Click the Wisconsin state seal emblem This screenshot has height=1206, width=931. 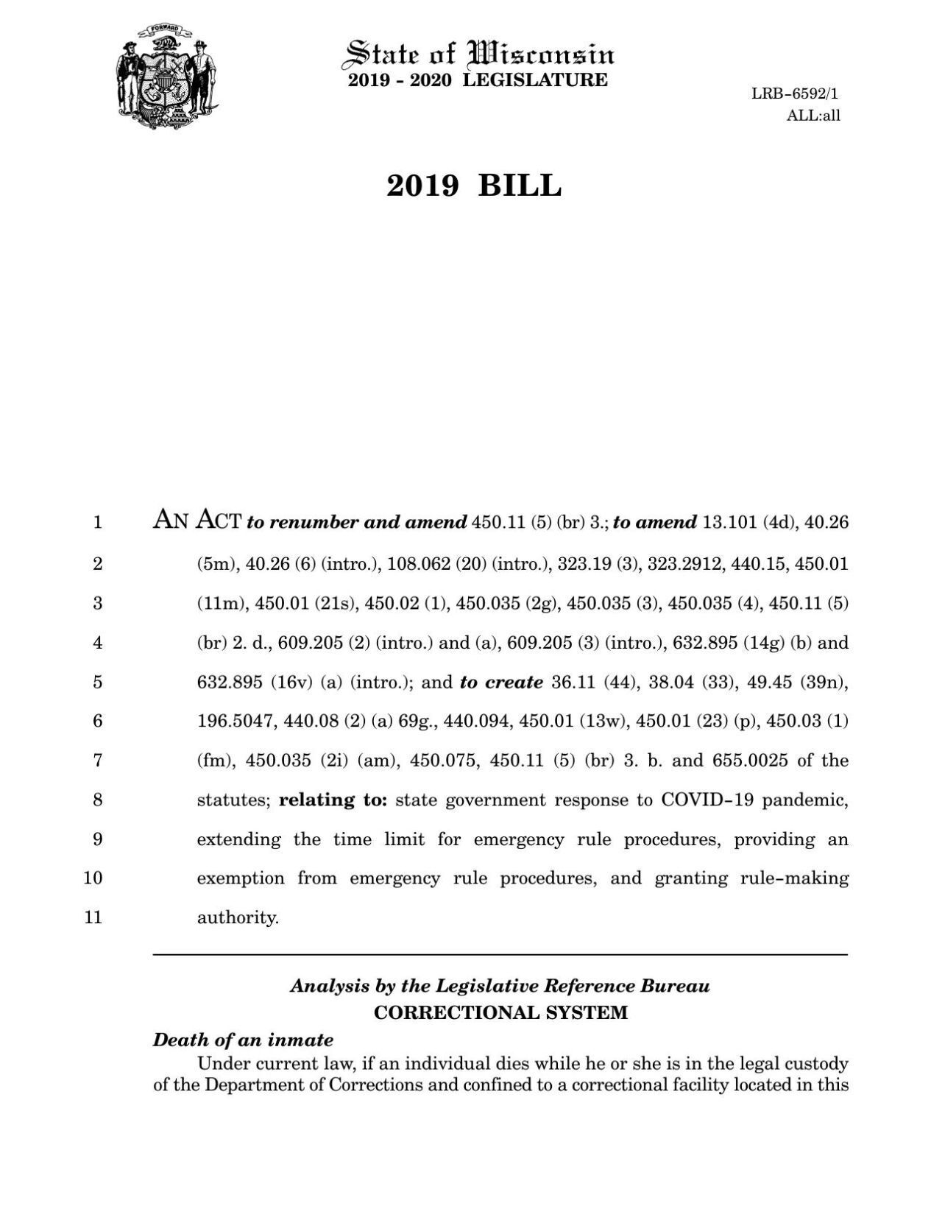[x=167, y=77]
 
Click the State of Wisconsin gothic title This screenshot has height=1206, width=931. [x=480, y=54]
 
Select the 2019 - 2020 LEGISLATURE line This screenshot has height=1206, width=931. [x=478, y=80]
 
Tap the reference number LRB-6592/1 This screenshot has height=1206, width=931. [x=795, y=94]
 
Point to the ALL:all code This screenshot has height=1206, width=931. [x=813, y=116]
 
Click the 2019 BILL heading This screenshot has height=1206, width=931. [x=474, y=186]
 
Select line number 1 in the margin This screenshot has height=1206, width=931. [x=97, y=523]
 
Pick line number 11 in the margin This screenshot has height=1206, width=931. [x=93, y=918]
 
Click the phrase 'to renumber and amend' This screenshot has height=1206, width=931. [x=356, y=523]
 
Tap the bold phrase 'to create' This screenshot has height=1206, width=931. [x=501, y=682]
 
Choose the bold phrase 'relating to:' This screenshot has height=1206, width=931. [x=333, y=800]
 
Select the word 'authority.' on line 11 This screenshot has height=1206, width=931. [x=238, y=918]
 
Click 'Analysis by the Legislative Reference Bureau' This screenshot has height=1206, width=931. [x=500, y=986]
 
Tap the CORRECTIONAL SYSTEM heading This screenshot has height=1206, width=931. [x=500, y=1012]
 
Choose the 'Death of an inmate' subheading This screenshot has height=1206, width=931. [x=243, y=1040]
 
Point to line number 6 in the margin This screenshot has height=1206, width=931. [x=97, y=721]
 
